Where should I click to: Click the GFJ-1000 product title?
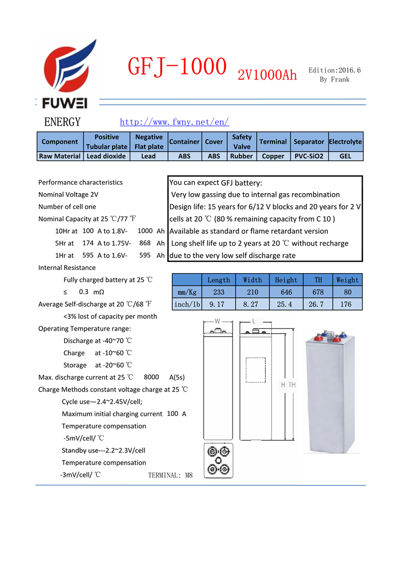(x=177, y=67)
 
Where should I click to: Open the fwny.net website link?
(x=174, y=122)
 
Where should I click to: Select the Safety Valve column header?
(x=241, y=142)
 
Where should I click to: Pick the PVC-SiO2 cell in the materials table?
(x=308, y=156)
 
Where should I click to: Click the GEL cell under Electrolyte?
(x=345, y=156)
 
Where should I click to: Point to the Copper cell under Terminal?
(x=273, y=156)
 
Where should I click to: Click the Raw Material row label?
(x=59, y=156)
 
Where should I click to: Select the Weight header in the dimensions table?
(x=347, y=280)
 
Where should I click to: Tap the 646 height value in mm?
(x=286, y=292)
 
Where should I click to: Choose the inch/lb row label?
(x=187, y=304)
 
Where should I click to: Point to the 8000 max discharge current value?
(x=151, y=377)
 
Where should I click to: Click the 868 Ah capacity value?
(x=145, y=243)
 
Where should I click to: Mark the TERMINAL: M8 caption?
(x=170, y=475)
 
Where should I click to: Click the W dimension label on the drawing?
(x=217, y=321)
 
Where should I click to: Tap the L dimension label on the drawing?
(x=254, y=321)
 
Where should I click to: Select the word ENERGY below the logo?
(x=63, y=122)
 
